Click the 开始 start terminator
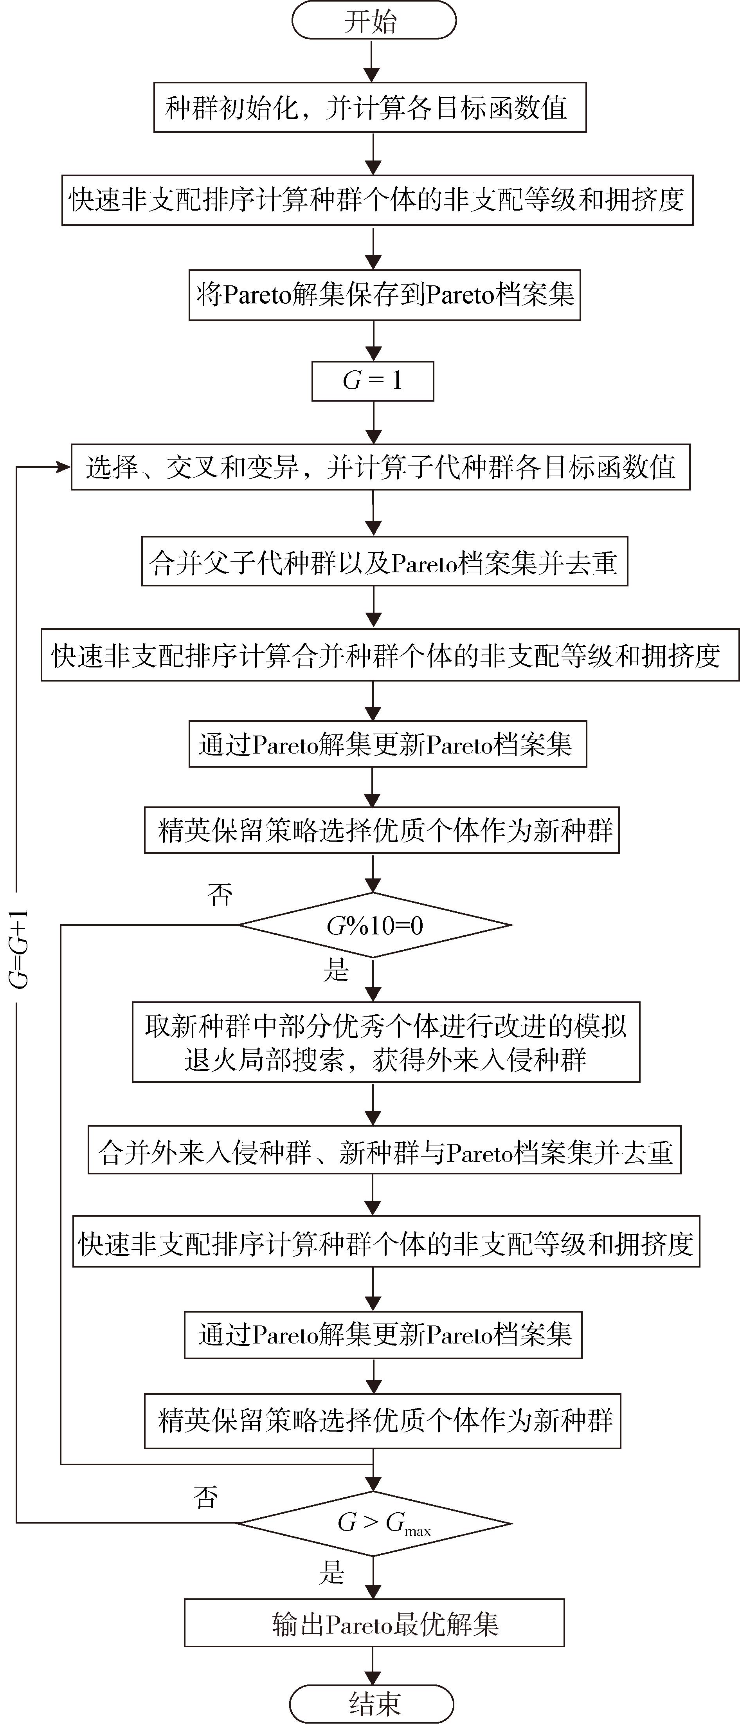point(373,22)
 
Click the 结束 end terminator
point(372,1704)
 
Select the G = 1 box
point(373,381)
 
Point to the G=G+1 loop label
point(20,949)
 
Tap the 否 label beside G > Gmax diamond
point(205,1497)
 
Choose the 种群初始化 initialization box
point(370,107)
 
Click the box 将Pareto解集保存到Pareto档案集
point(385,294)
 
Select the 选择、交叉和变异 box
point(381,467)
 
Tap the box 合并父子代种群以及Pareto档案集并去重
point(385,561)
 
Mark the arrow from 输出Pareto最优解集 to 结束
point(373,1666)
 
